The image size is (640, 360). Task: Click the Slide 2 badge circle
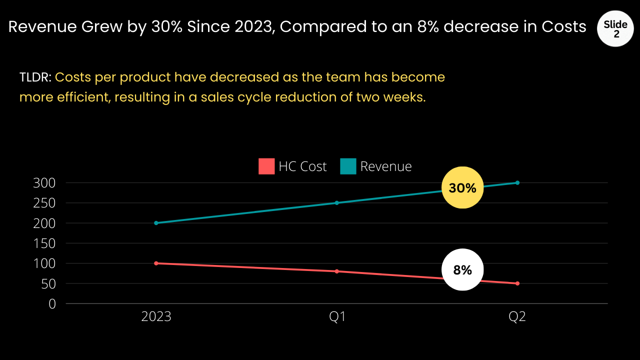pyautogui.click(x=615, y=28)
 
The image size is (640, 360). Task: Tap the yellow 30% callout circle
pyautogui.click(x=462, y=187)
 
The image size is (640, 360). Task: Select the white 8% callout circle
pyautogui.click(x=462, y=269)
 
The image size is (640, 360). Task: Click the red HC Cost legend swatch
pyautogui.click(x=266, y=166)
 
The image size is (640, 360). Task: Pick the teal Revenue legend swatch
pyautogui.click(x=348, y=166)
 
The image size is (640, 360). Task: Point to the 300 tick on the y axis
pyautogui.click(x=44, y=183)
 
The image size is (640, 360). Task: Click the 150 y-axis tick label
pyautogui.click(x=44, y=243)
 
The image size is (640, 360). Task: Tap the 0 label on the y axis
pyautogui.click(x=52, y=303)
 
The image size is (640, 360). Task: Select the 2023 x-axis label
pyautogui.click(x=156, y=317)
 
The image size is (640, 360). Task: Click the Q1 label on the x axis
pyautogui.click(x=337, y=317)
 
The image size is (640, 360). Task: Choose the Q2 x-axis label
pyautogui.click(x=517, y=317)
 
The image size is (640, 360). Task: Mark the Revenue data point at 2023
pyautogui.click(x=156, y=223)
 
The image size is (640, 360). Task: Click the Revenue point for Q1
pyautogui.click(x=337, y=203)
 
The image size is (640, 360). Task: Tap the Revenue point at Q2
pyautogui.click(x=517, y=182)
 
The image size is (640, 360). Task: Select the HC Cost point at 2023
pyautogui.click(x=156, y=263)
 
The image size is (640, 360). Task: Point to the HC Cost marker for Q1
pyautogui.click(x=337, y=271)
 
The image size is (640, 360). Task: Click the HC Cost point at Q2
pyautogui.click(x=517, y=283)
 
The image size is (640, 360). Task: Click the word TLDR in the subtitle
pyautogui.click(x=34, y=77)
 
